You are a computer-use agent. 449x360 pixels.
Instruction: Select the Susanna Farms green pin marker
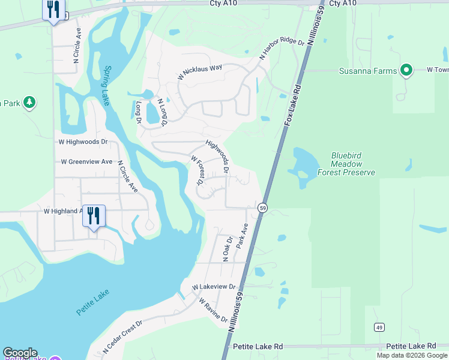click(406, 71)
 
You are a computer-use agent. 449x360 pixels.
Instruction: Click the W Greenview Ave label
click(87, 162)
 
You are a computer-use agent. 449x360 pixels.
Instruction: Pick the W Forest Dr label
click(198, 170)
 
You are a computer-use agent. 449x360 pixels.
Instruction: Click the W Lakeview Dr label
click(214, 287)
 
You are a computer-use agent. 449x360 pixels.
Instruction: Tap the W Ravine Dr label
click(215, 310)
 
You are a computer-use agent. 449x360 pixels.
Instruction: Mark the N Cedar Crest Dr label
click(122, 335)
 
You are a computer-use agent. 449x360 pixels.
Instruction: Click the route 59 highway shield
click(263, 208)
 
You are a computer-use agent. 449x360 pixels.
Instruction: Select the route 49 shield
click(379, 327)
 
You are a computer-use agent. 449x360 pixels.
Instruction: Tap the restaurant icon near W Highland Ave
click(94, 215)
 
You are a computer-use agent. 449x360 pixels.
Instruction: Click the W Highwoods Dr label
click(83, 142)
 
